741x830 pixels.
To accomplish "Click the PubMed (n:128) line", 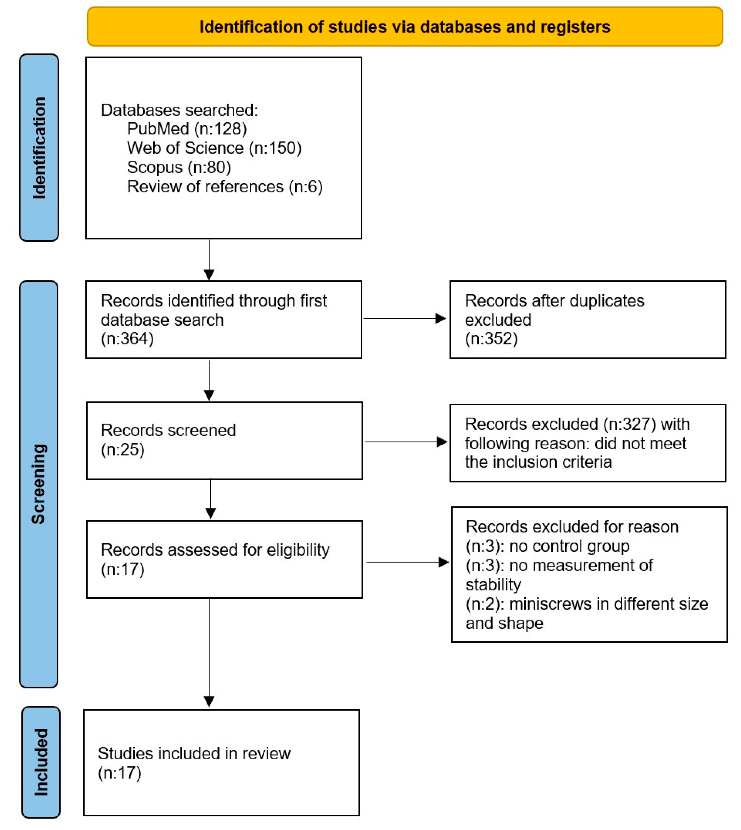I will click(187, 129).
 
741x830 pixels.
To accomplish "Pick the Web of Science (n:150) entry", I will click(214, 148).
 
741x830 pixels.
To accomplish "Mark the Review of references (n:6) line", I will click(225, 187).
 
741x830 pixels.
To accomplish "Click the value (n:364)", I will click(127, 339).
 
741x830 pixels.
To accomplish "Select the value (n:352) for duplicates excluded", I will click(491, 339).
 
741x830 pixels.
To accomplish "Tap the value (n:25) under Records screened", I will click(122, 450).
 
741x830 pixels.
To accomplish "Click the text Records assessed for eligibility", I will click(215, 550).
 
